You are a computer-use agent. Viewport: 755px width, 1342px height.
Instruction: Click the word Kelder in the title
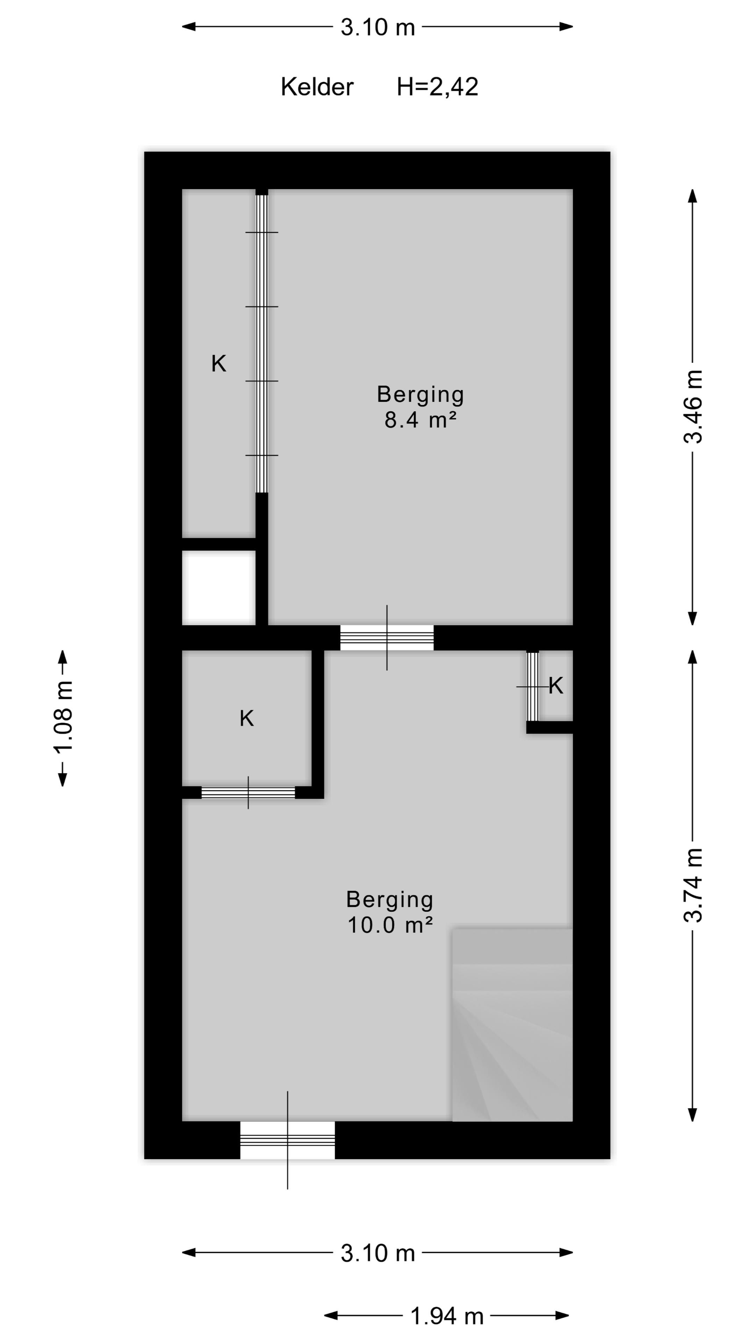coord(317,87)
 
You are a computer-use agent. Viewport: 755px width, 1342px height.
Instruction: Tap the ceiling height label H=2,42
coord(437,87)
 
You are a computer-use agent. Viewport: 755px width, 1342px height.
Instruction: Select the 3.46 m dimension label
coord(693,407)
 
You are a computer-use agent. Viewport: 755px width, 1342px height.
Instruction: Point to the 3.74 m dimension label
coord(693,886)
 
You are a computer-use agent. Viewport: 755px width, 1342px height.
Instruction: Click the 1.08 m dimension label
coord(63,717)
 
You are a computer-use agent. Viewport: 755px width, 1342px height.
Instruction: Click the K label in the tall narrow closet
coord(219,363)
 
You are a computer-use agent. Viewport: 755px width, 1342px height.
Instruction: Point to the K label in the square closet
coord(246,719)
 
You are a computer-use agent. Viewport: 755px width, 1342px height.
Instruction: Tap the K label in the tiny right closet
coord(556,686)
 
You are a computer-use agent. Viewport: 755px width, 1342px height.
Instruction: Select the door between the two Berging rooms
coord(387,638)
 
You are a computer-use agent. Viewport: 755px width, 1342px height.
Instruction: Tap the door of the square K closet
coord(248,792)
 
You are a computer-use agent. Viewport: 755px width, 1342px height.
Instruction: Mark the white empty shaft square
coord(219,587)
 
